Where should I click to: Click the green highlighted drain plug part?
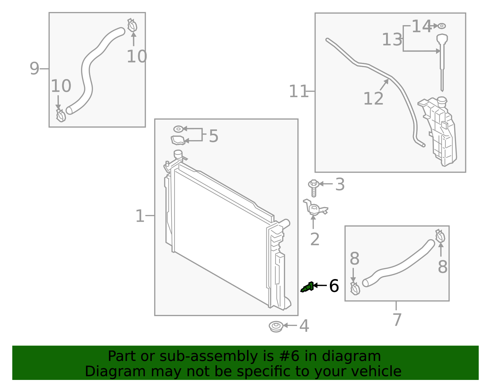[x=307, y=287]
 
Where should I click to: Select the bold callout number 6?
[x=334, y=286]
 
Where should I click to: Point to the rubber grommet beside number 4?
[x=276, y=326]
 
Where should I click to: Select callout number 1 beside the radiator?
[x=140, y=216]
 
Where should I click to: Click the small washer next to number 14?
[x=442, y=26]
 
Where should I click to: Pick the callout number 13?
[x=392, y=40]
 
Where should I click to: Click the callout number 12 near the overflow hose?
[x=373, y=99]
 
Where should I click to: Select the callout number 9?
[x=34, y=68]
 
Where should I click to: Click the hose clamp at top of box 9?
[x=132, y=25]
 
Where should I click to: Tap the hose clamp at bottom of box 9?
[x=60, y=115]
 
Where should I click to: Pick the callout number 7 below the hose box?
[x=397, y=320]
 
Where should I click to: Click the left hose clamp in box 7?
[x=355, y=289]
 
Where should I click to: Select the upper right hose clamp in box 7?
[x=440, y=236]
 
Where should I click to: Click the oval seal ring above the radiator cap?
[x=178, y=129]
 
